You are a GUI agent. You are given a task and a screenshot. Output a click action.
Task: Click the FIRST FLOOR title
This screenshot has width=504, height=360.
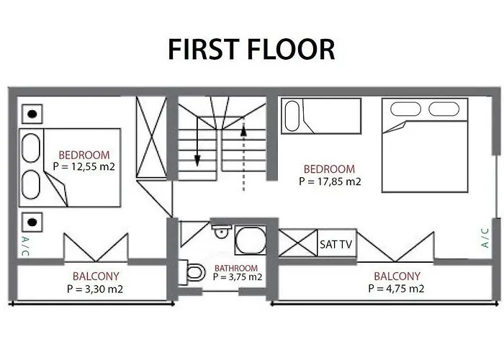pos(251,49)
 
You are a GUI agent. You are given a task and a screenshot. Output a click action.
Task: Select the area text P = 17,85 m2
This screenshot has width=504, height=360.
pos(329,181)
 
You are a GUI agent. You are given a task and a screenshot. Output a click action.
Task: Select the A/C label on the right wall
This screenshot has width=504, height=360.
pos(485,238)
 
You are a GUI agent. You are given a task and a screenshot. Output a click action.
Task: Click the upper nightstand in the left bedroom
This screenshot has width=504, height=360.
pos(32,113)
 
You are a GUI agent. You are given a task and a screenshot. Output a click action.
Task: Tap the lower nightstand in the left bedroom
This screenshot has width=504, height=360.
pos(32,220)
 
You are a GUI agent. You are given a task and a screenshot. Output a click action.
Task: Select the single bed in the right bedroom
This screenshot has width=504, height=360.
pos(320,116)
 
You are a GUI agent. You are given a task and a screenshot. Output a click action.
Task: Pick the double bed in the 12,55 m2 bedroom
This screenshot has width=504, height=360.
pos(68,166)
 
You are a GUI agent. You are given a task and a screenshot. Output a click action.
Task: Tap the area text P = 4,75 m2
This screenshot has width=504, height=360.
pos(396,289)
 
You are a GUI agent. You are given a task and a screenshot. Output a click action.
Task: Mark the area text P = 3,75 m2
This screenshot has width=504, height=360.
pos(237,277)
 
